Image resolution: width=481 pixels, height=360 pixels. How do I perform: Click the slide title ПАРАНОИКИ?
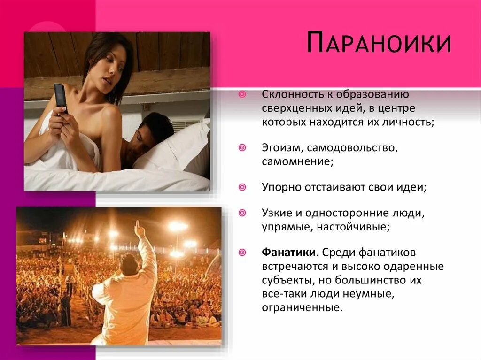(x=379, y=43)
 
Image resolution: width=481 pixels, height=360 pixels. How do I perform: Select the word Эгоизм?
(x=277, y=148)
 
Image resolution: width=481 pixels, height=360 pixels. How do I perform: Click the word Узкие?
(x=277, y=213)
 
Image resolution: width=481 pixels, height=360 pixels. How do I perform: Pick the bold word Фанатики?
(x=288, y=253)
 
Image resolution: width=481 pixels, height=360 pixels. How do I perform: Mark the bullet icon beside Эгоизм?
(x=242, y=148)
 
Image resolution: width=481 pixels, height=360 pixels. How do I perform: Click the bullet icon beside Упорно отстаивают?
(x=242, y=187)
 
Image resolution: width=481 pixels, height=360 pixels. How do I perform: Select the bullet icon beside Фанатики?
(x=242, y=253)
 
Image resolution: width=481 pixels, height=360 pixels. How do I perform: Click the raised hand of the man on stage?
(x=139, y=229)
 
